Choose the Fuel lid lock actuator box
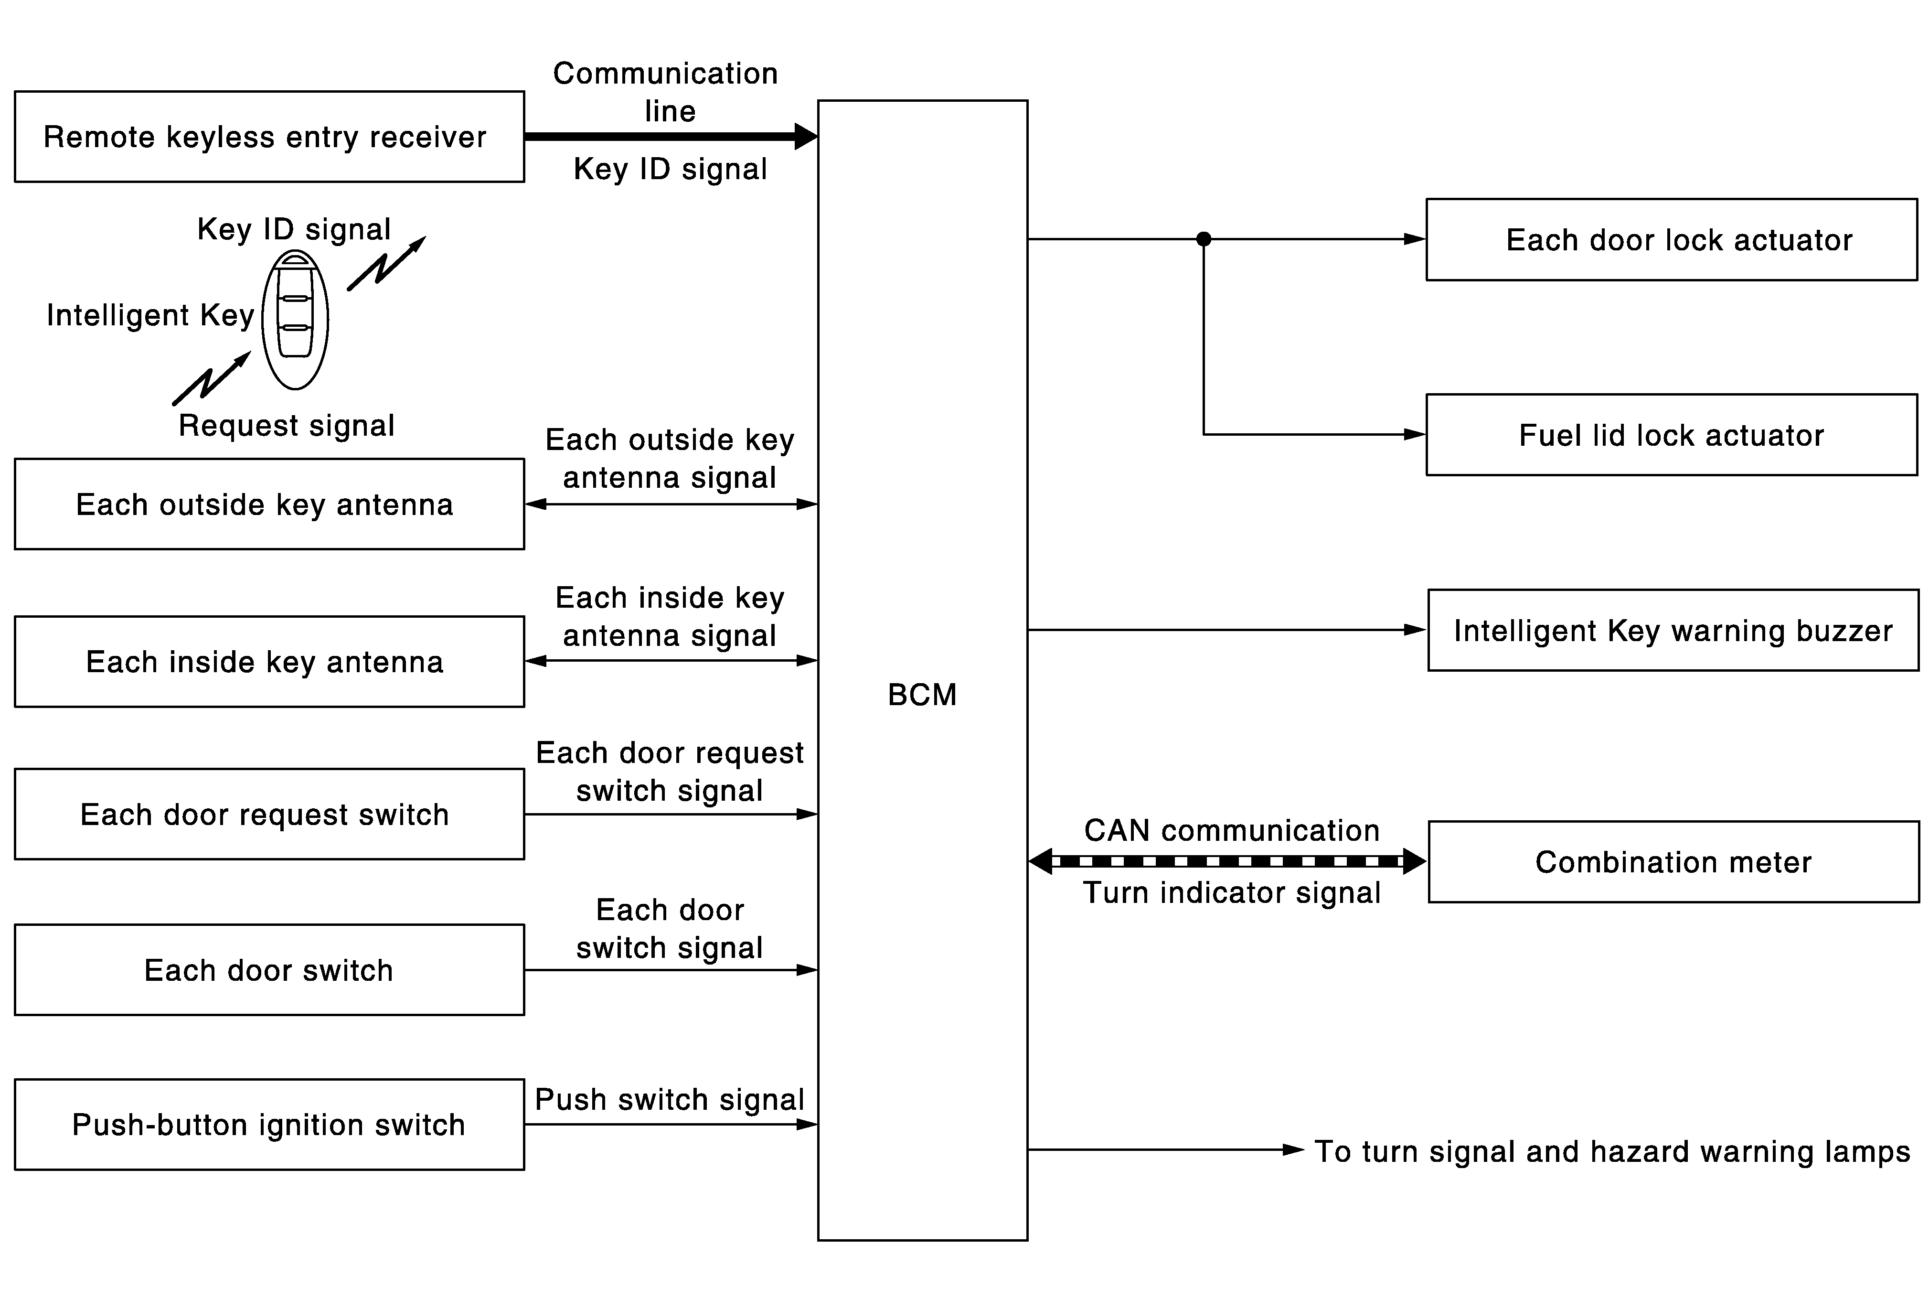pyautogui.click(x=1671, y=435)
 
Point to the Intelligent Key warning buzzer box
pyautogui.click(x=1673, y=631)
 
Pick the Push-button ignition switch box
pyautogui.click(x=269, y=1125)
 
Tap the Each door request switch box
pyautogui.click(x=269, y=814)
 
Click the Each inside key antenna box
pyautogui.click(x=269, y=662)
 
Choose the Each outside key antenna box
pyautogui.click(x=269, y=504)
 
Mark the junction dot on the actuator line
pyautogui.click(x=1204, y=239)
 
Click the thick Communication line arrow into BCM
pyautogui.click(x=671, y=136)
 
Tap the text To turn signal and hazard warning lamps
pyautogui.click(x=1612, y=1151)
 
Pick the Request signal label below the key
pyautogui.click(x=287, y=426)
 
